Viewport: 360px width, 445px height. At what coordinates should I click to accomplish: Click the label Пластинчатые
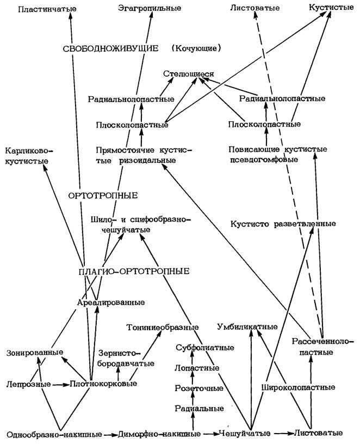tap(47, 9)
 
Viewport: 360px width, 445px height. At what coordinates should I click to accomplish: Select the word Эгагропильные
tap(150, 8)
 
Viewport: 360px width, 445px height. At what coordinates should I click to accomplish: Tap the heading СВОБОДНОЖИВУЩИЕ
tap(110, 48)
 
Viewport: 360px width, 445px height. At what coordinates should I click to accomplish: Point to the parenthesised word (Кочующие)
tap(196, 48)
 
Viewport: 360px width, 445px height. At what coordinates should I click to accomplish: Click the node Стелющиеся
tap(188, 74)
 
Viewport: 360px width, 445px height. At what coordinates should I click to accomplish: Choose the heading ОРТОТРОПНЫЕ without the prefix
tap(103, 196)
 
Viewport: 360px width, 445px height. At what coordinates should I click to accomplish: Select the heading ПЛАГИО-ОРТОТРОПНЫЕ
tap(134, 271)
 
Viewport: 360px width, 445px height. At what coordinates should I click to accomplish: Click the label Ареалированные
tap(111, 302)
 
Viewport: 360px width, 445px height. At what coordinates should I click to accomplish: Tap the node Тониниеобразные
tap(162, 327)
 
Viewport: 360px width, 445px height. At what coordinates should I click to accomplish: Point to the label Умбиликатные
tap(247, 327)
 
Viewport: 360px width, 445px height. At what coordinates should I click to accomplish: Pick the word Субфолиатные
tap(205, 348)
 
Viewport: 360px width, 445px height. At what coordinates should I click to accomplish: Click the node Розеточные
tap(199, 388)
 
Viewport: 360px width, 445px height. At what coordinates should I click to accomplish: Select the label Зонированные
tap(35, 353)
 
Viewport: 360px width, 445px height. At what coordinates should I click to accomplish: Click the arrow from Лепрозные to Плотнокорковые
tap(60, 385)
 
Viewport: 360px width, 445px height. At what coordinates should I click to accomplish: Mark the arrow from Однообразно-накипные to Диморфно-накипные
tap(110, 435)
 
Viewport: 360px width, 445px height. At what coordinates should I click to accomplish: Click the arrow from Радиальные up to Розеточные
tap(193, 399)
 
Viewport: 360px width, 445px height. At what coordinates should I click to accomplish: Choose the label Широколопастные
tap(298, 387)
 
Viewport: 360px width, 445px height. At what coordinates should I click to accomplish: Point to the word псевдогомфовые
tap(264, 160)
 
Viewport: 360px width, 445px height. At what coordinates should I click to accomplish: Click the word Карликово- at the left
tap(29, 151)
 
